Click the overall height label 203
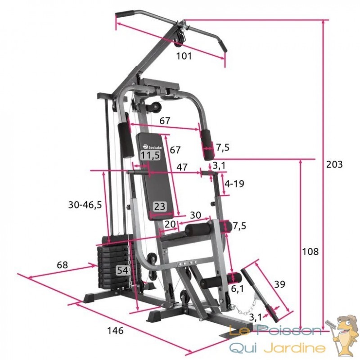(334, 164)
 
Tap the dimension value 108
(310, 252)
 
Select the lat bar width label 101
(184, 56)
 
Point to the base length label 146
(116, 331)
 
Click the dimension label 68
(62, 265)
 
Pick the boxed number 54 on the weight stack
(122, 270)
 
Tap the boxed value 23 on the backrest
(160, 207)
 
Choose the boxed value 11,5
(150, 155)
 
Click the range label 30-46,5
(85, 205)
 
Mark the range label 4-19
(234, 184)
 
